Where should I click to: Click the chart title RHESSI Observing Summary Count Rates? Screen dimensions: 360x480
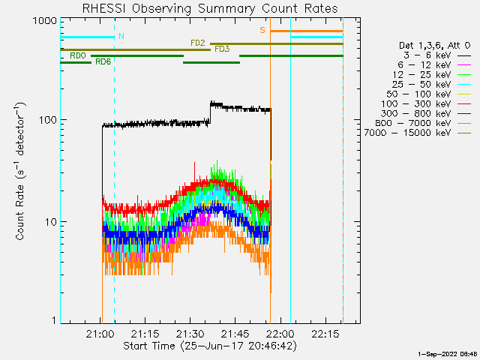pos(209,8)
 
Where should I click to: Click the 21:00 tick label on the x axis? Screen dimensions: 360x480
pos(100,334)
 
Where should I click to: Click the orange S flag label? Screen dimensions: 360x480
pos(262,30)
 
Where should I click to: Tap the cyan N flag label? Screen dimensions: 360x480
pos(121,36)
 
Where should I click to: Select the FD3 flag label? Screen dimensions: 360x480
pos(222,49)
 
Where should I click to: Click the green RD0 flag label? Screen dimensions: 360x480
pos(77,55)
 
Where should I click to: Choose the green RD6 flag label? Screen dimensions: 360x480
pos(103,61)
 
